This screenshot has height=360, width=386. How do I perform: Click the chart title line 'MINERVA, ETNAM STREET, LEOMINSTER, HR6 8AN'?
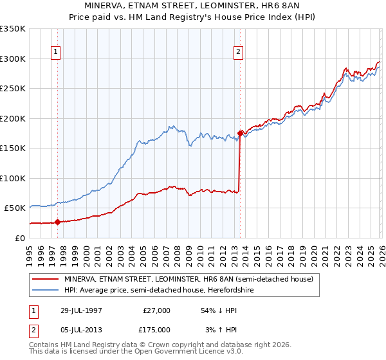coord(192,6)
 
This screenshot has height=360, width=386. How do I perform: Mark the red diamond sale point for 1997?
coord(58,222)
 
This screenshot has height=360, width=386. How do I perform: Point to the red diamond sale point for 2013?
coord(240,133)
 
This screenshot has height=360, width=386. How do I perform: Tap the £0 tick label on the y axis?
coord(20,238)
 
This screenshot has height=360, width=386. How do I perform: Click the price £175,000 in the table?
coord(156,329)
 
